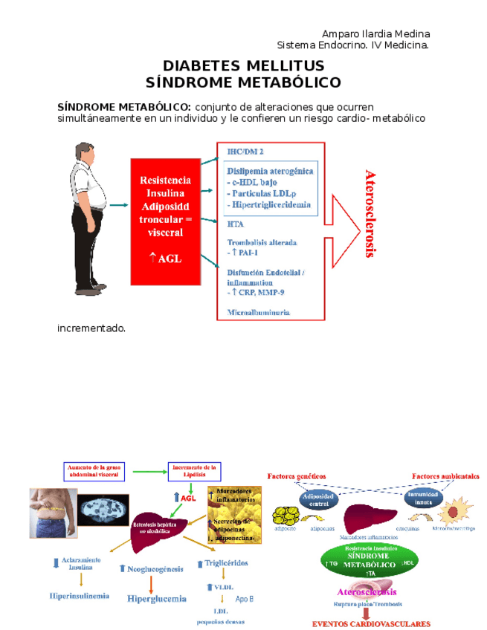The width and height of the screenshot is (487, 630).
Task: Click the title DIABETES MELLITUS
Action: click(x=243, y=65)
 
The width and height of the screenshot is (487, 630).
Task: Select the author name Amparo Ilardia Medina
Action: click(x=375, y=34)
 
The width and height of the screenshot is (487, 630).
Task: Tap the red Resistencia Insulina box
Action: click(x=166, y=221)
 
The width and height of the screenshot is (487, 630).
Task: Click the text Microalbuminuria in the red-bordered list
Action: click(x=259, y=313)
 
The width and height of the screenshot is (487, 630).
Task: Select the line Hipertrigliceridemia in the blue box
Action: click(x=271, y=204)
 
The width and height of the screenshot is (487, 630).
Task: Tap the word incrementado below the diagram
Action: click(x=91, y=328)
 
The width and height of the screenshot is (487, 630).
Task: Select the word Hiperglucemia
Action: click(x=156, y=598)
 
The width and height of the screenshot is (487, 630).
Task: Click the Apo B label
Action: click(x=245, y=598)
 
